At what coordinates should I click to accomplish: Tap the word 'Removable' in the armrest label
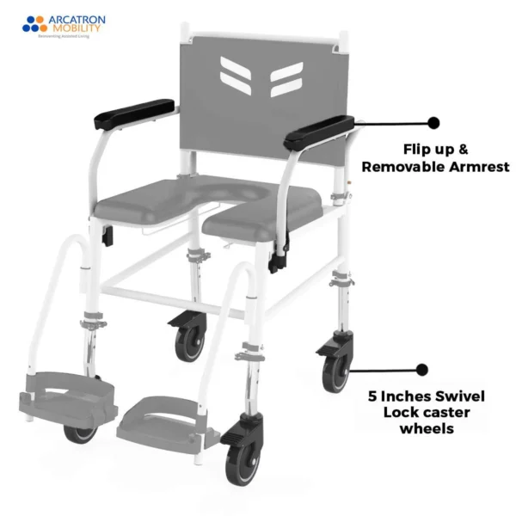pyautogui.click(x=402, y=167)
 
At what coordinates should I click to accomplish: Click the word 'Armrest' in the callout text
pyautogui.click(x=476, y=167)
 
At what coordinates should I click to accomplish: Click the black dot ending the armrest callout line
pyautogui.click(x=433, y=123)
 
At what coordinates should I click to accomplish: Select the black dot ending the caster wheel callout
pyautogui.click(x=421, y=370)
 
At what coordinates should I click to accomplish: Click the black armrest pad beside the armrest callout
pyautogui.click(x=319, y=131)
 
